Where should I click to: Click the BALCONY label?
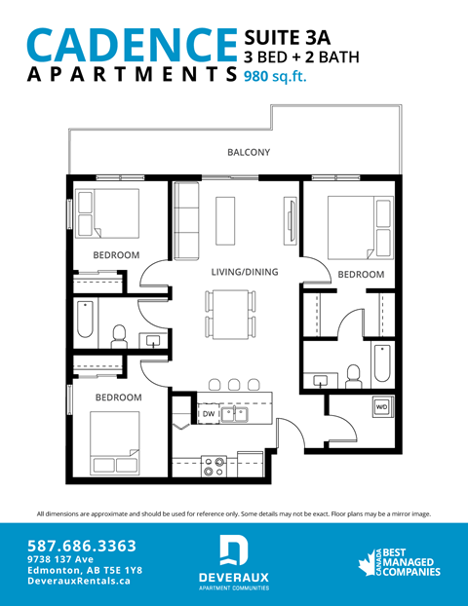click(248, 153)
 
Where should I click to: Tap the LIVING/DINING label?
click(245, 272)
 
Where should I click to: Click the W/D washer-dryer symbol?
click(381, 405)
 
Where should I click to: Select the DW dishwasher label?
click(208, 414)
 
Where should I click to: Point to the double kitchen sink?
click(234, 414)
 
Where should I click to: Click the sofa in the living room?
click(185, 220)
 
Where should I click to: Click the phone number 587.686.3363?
click(82, 547)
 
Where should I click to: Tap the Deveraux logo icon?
click(233, 550)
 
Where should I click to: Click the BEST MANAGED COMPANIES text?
click(405, 559)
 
